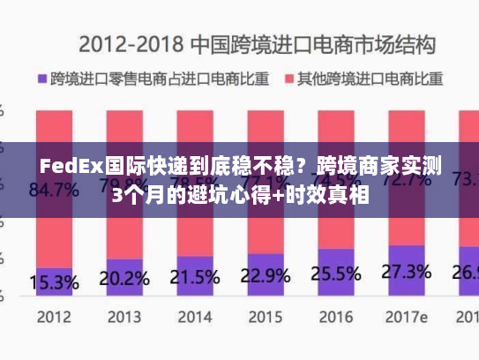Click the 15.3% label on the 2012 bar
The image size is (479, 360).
[x=54, y=282]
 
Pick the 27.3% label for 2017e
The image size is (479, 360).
[x=407, y=270]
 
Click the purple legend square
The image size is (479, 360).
[x=41, y=79]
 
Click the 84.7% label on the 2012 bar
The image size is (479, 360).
[x=54, y=188]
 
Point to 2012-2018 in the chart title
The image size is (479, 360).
[x=132, y=43]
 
